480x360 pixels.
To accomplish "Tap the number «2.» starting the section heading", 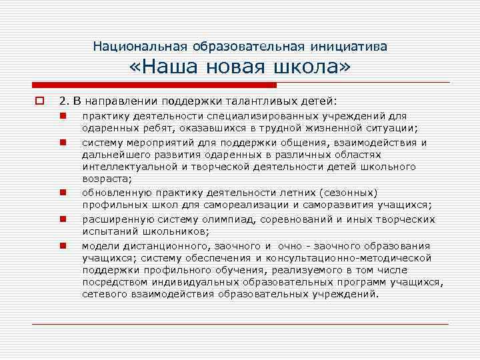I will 64,101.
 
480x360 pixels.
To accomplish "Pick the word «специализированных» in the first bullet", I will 225,117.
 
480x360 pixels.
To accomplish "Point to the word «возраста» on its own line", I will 107,179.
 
